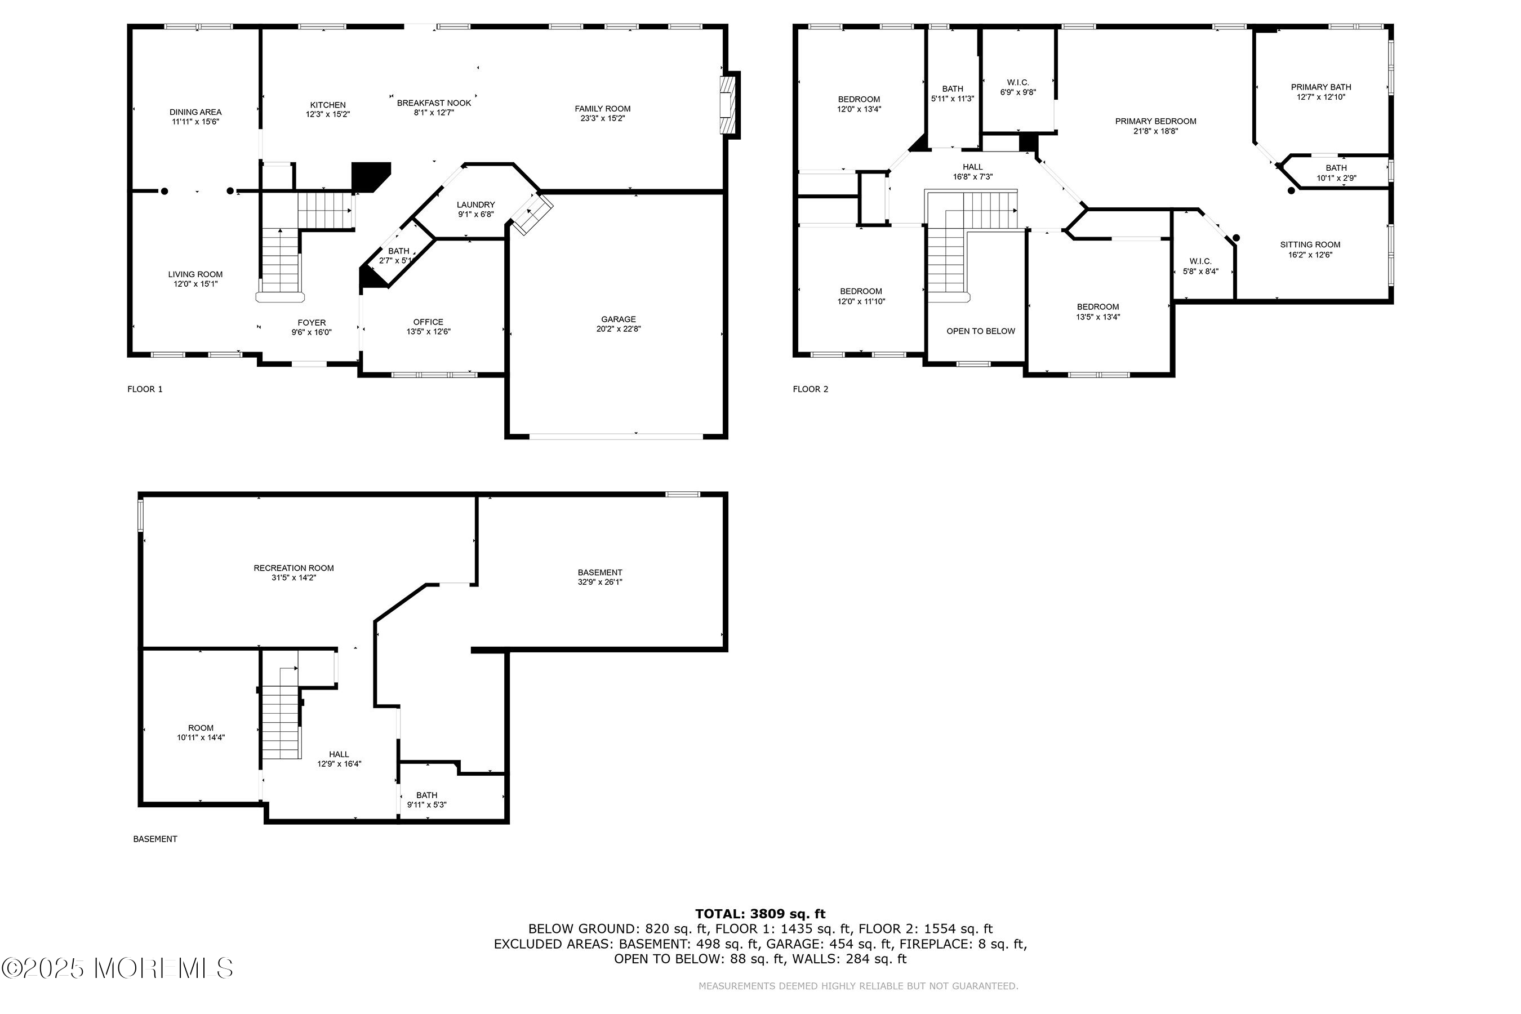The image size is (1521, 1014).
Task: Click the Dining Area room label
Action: [195, 112]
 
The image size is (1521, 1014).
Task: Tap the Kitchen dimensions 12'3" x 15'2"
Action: [328, 114]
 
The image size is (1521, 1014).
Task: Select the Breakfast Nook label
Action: [434, 103]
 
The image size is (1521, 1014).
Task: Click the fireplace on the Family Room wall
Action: [730, 105]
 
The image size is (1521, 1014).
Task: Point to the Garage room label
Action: [618, 319]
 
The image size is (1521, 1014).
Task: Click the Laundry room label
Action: [476, 205]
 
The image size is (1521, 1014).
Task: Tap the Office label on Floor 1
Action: [428, 322]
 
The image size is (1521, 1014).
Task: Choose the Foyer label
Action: [312, 323]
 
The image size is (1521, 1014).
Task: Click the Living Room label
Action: [195, 274]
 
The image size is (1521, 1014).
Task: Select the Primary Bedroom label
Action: [1155, 121]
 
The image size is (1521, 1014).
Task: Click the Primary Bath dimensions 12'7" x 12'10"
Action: [1320, 97]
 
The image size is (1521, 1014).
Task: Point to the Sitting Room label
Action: [1310, 244]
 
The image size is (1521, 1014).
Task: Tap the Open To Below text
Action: [980, 331]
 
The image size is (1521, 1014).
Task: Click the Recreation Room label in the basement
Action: [293, 568]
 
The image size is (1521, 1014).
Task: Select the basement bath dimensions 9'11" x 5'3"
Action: [427, 805]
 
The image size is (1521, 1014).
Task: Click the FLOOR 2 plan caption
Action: [810, 389]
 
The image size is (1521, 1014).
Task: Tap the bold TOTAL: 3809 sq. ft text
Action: [760, 914]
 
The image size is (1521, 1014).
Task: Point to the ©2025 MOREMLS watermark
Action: [117, 968]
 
